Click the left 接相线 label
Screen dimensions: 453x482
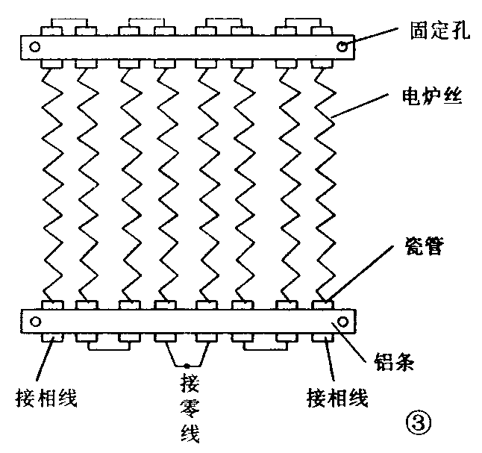pos(46,397)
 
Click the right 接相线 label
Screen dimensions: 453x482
pos(338,397)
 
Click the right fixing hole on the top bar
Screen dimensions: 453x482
pos(342,47)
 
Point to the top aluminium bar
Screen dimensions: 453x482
pos(187,47)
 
